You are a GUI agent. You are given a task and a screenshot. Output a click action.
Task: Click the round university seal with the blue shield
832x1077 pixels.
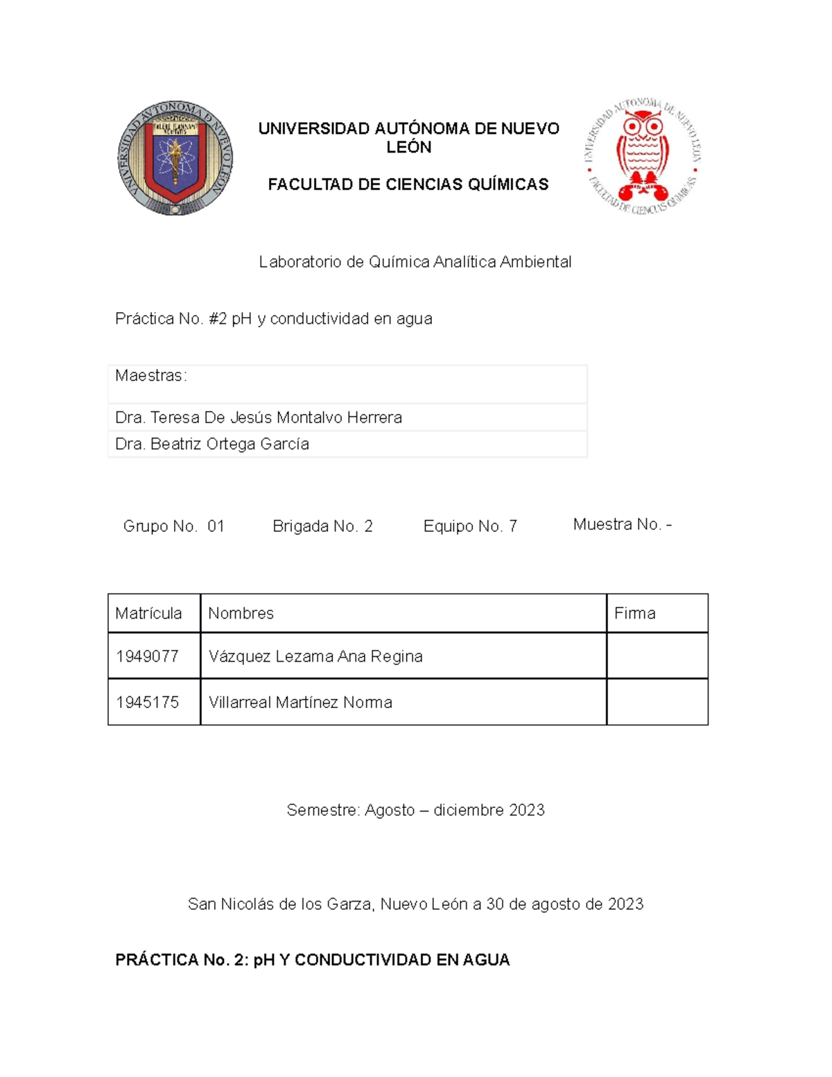(175, 157)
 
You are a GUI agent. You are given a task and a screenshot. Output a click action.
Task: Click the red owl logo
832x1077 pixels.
(642, 156)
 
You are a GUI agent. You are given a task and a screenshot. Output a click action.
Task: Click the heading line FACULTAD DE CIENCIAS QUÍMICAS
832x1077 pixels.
(408, 184)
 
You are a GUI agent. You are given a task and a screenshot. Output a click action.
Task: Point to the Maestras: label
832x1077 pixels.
(150, 376)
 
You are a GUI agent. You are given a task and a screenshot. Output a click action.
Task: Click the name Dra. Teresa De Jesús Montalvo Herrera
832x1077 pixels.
(259, 417)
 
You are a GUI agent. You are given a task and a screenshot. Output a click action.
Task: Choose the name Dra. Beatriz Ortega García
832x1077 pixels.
(212, 444)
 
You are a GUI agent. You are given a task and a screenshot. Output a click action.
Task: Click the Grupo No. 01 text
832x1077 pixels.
(173, 526)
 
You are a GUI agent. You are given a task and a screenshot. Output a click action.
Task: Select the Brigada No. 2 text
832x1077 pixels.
(322, 526)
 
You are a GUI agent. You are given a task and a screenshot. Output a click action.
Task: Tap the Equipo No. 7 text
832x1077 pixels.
(470, 526)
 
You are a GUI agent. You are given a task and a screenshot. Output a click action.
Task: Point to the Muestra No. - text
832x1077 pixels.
(622, 525)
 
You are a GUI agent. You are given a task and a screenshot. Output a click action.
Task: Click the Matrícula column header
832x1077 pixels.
(148, 614)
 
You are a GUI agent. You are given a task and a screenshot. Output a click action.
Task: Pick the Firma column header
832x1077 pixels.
(634, 614)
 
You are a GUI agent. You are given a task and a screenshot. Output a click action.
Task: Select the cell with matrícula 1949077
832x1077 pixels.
(148, 656)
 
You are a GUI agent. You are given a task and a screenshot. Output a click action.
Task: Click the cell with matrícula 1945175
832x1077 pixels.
(148, 703)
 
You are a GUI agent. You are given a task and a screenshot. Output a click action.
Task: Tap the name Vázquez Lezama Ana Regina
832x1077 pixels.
(315, 656)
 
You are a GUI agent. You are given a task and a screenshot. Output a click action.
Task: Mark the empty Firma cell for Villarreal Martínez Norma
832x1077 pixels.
(657, 703)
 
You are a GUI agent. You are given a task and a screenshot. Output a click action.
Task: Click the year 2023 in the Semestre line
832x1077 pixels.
(526, 810)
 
